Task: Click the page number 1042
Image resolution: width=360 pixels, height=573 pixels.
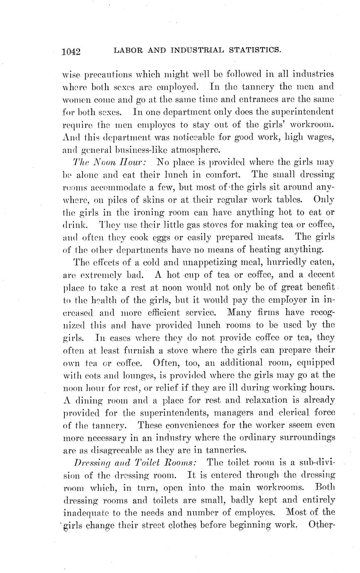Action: point(71,51)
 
